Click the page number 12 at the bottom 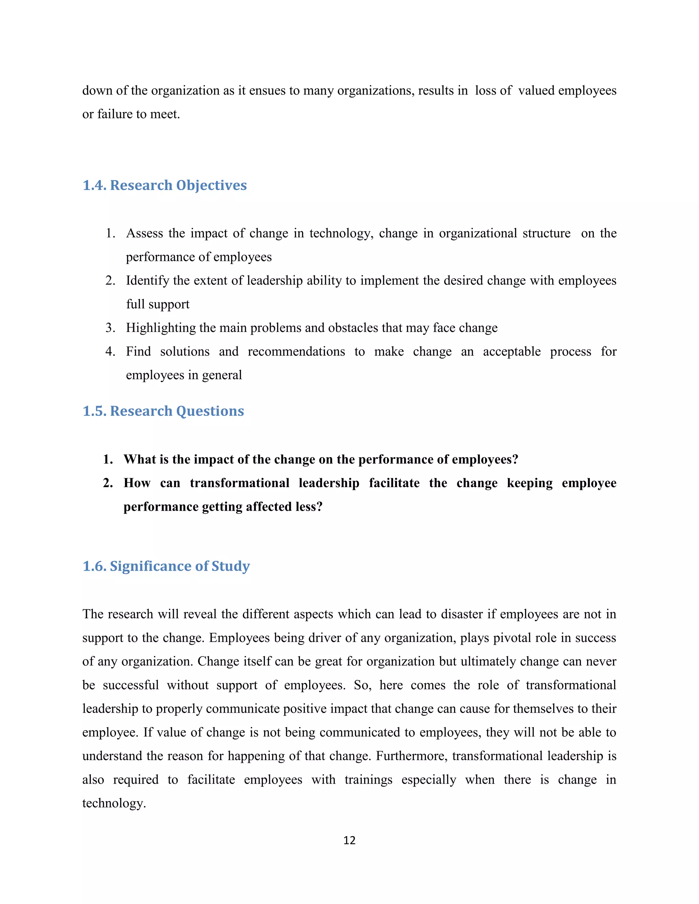(349, 840)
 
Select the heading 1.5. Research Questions (163, 411)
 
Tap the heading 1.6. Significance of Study (166, 566)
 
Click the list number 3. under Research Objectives (110, 328)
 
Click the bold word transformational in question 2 (239, 483)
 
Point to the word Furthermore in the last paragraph (412, 756)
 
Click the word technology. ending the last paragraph (114, 803)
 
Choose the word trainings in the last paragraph (368, 780)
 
